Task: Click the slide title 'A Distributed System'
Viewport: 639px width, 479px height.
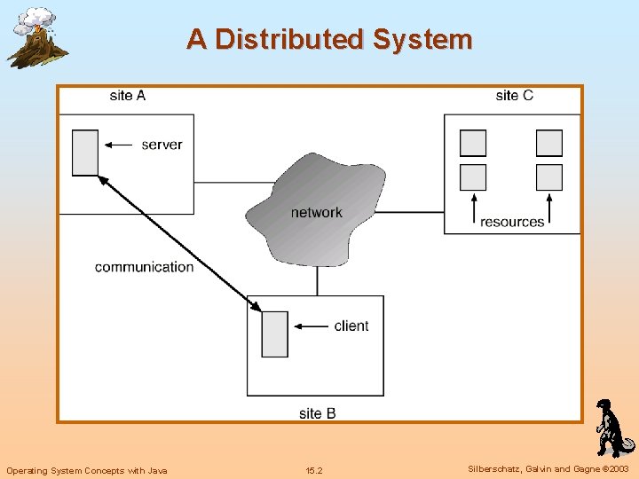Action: [x=329, y=40]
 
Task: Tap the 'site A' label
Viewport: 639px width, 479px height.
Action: [x=128, y=96]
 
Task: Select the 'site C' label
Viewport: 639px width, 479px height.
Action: [x=514, y=96]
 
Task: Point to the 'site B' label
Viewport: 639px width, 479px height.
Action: [x=317, y=413]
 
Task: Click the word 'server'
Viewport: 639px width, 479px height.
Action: [x=162, y=145]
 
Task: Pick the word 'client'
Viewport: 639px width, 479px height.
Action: [x=351, y=326]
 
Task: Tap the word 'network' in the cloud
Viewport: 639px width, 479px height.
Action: [x=316, y=212]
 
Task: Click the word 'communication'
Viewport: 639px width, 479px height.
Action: [x=144, y=267]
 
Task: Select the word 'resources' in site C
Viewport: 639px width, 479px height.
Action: [x=512, y=222]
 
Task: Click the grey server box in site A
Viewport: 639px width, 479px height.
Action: [x=85, y=153]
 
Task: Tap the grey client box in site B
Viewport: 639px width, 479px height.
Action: [x=275, y=334]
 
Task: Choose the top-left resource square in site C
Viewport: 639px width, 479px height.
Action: [x=473, y=143]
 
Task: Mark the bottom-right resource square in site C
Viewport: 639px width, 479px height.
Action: [x=549, y=177]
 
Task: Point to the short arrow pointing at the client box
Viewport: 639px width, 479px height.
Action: [x=310, y=326]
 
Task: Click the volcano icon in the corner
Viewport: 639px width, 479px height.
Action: [x=35, y=37]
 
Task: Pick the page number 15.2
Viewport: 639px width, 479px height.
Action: [x=314, y=470]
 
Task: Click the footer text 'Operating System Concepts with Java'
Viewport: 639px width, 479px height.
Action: [x=87, y=470]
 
